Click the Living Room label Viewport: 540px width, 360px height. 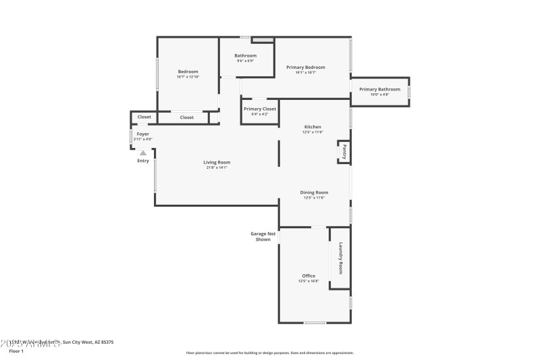(217, 162)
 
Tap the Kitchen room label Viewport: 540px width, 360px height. (312, 127)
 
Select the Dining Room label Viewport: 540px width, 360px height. (314, 192)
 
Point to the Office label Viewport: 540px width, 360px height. (308, 276)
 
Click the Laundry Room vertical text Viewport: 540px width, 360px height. (341, 258)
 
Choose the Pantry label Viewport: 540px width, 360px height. (344, 151)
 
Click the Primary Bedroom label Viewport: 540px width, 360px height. (306, 67)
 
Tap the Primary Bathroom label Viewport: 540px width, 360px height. (379, 89)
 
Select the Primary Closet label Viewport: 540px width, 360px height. (260, 109)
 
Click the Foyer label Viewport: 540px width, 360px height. (143, 134)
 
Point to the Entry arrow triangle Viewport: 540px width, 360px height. (143, 153)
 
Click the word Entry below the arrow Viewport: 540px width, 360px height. (143, 161)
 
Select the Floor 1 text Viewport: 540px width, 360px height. (16, 351)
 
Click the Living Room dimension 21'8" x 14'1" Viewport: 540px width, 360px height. (217, 168)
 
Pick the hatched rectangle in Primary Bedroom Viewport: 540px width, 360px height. (263, 41)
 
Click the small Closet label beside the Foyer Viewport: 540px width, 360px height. (144, 117)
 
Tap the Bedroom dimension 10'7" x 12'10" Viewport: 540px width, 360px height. (188, 77)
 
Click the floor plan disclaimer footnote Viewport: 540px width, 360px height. (269, 353)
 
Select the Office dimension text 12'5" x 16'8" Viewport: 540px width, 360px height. (308, 281)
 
